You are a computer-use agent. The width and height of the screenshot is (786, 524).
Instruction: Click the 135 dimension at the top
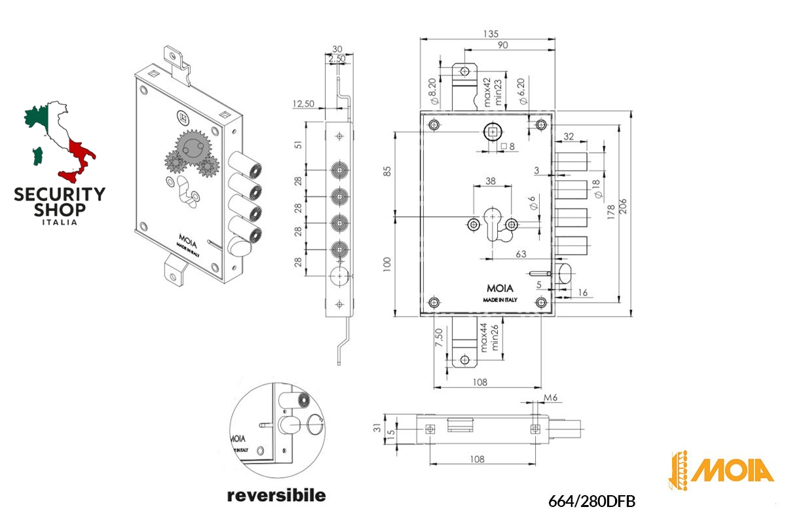click(x=491, y=33)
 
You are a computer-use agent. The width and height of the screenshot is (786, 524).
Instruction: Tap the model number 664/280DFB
click(x=592, y=501)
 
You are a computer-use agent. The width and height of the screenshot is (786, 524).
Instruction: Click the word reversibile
click(x=276, y=495)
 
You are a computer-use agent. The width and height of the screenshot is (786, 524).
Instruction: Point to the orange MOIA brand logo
click(x=721, y=470)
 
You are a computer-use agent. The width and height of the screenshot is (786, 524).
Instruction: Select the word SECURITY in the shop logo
click(x=60, y=195)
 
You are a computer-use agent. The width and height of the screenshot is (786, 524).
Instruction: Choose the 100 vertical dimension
click(x=388, y=264)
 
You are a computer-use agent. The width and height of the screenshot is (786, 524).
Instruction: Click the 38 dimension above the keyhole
click(x=491, y=181)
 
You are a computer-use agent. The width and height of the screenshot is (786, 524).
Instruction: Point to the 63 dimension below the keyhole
click(x=521, y=253)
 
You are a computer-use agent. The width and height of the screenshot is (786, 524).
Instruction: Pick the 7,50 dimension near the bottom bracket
click(x=441, y=339)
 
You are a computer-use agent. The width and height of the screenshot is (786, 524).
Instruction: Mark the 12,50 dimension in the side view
click(x=303, y=103)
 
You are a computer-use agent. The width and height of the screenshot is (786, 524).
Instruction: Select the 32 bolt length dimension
click(x=568, y=137)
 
